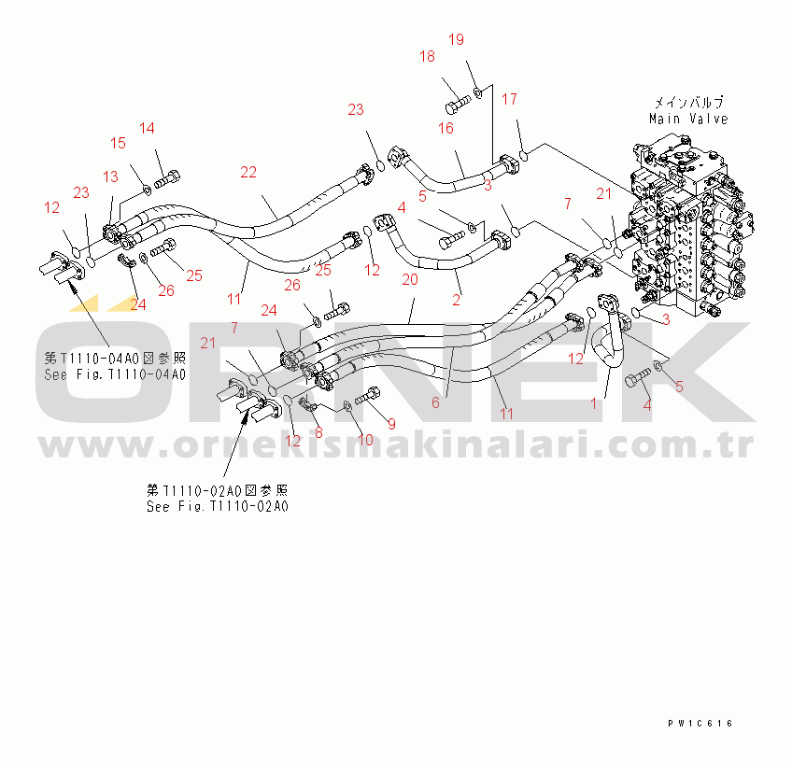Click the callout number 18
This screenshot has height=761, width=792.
427,57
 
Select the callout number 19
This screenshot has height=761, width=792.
456,39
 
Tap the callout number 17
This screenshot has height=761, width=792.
509,99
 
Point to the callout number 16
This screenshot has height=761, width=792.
445,127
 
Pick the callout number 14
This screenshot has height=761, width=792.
148,128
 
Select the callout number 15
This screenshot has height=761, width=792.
118,143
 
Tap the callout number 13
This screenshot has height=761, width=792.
110,176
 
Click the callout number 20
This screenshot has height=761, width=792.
409,278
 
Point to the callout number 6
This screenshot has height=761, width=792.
434,402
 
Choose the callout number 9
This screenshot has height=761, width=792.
391,424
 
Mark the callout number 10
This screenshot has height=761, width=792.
366,439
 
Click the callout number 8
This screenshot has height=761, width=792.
318,432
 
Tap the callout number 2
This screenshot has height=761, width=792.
457,300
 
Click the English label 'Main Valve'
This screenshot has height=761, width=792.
688,119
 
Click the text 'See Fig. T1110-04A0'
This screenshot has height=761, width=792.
115,374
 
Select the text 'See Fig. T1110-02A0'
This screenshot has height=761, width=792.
217,506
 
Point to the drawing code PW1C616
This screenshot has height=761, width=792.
700,724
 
